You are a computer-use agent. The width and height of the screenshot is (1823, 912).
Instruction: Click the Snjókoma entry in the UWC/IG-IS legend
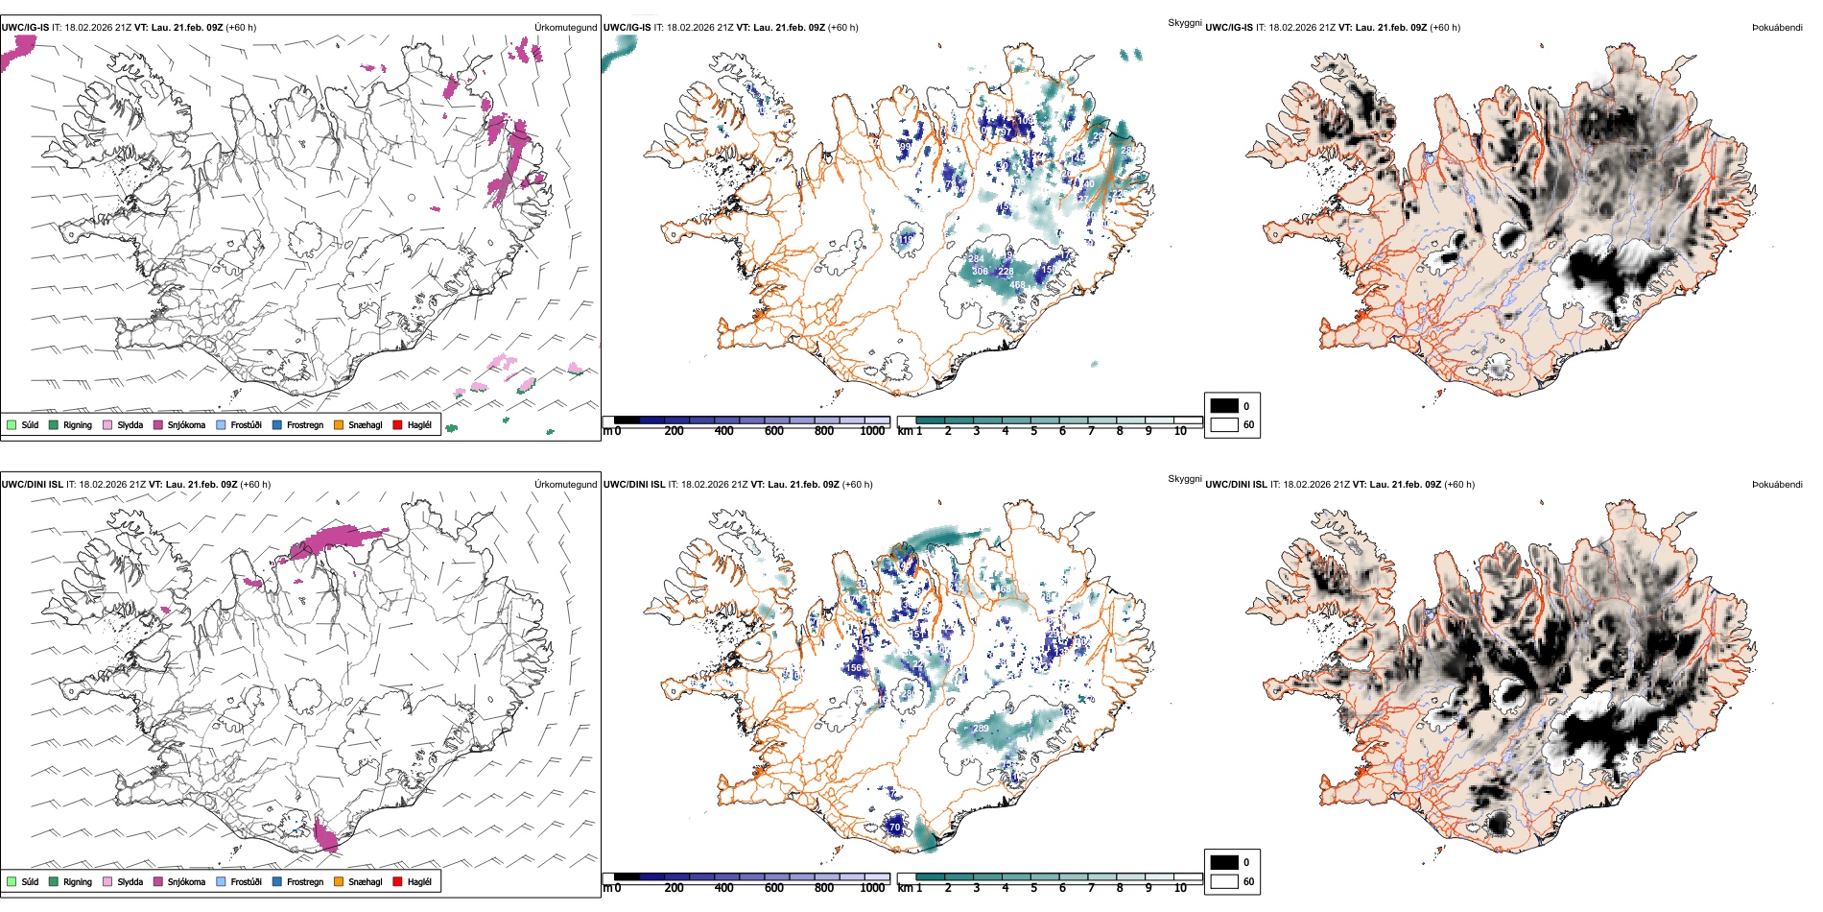pyautogui.click(x=186, y=424)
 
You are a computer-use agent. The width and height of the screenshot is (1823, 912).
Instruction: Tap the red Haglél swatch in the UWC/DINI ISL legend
pyautogui.click(x=397, y=881)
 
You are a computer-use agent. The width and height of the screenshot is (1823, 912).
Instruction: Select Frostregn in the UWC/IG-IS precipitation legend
pyautogui.click(x=304, y=424)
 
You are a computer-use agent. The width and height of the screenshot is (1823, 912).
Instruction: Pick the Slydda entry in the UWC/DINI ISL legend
pyautogui.click(x=130, y=881)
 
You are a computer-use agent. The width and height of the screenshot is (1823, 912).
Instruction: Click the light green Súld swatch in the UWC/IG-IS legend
pyautogui.click(x=12, y=424)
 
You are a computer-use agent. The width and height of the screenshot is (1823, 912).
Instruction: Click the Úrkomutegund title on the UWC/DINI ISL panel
pyautogui.click(x=565, y=484)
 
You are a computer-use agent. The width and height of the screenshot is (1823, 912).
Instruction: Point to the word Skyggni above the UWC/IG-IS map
pyautogui.click(x=1184, y=22)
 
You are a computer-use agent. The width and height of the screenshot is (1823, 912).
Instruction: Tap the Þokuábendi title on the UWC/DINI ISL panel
pyautogui.click(x=1777, y=484)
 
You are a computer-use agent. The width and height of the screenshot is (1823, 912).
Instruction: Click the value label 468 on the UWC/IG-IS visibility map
pyautogui.click(x=1017, y=285)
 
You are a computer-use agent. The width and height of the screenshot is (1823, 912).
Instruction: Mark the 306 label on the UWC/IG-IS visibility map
pyautogui.click(x=980, y=272)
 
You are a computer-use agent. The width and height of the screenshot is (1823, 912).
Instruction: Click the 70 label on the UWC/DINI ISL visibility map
pyautogui.click(x=894, y=827)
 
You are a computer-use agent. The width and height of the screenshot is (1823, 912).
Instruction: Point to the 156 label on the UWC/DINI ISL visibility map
pyautogui.click(x=854, y=668)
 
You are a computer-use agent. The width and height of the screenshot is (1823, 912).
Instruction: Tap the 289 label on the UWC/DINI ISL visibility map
pyautogui.click(x=981, y=729)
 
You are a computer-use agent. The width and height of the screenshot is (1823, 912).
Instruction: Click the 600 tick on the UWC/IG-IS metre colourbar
pyautogui.click(x=773, y=431)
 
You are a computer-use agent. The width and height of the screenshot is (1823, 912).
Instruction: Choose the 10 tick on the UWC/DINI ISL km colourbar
pyautogui.click(x=1180, y=888)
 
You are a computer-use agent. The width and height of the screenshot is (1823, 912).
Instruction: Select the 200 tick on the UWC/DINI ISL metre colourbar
pyautogui.click(x=674, y=888)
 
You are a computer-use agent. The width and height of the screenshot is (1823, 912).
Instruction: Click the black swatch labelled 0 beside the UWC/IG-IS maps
pyautogui.click(x=1224, y=405)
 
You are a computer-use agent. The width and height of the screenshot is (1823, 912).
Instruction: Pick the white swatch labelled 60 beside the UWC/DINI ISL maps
pyautogui.click(x=1224, y=881)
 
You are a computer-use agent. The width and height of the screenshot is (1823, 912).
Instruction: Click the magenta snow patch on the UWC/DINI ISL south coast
pyautogui.click(x=325, y=836)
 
